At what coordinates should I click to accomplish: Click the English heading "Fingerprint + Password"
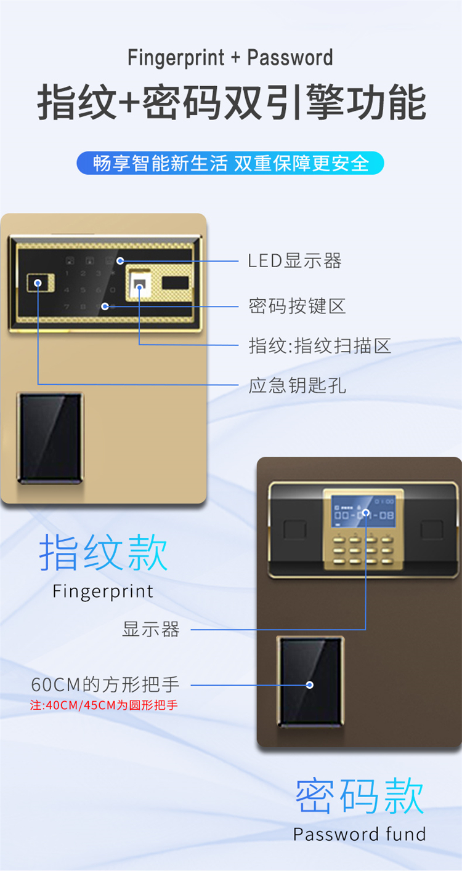pyautogui.click(x=230, y=58)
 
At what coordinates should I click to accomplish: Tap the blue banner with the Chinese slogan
pyautogui.click(x=230, y=163)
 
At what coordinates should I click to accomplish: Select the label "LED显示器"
pyautogui.click(x=294, y=261)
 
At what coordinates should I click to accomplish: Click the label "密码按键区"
pyautogui.click(x=297, y=305)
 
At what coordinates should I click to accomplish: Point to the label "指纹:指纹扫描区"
pyautogui.click(x=320, y=345)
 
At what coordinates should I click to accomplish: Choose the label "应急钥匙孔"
pyautogui.click(x=297, y=386)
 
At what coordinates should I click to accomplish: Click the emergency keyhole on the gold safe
pyautogui.click(x=38, y=284)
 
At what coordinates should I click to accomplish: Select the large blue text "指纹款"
pyautogui.click(x=103, y=553)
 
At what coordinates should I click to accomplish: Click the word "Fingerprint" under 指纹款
pyautogui.click(x=103, y=592)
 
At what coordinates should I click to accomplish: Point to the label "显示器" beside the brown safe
pyautogui.click(x=151, y=630)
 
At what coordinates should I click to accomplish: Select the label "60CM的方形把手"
pyautogui.click(x=105, y=684)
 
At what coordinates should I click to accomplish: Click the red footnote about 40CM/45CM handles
pyautogui.click(x=104, y=705)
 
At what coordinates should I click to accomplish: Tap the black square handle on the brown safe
pyautogui.click(x=310, y=681)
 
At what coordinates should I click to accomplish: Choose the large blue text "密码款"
pyautogui.click(x=360, y=796)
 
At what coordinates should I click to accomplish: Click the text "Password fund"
pyautogui.click(x=360, y=835)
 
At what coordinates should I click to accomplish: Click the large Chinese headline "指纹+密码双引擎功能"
pyautogui.click(x=230, y=102)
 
